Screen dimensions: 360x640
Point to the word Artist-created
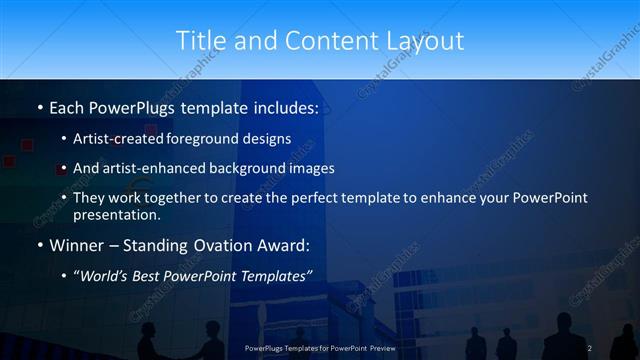[x=120, y=140]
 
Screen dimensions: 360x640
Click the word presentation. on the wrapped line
[x=117, y=214]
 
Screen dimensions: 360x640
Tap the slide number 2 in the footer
[x=589, y=347]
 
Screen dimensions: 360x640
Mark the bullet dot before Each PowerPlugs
[x=39, y=107]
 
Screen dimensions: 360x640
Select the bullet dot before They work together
[x=64, y=198]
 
